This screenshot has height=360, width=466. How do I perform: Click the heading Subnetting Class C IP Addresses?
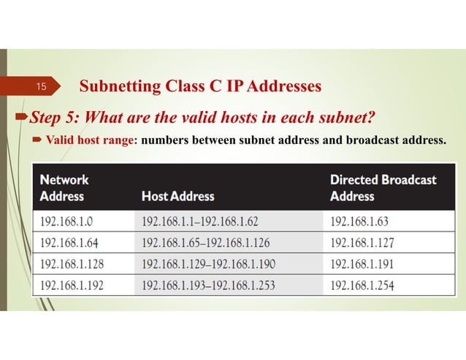click(x=200, y=87)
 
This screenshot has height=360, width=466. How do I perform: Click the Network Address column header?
click(x=64, y=187)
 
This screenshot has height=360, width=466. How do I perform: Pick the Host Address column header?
click(x=177, y=196)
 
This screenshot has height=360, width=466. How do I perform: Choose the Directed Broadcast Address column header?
click(x=383, y=187)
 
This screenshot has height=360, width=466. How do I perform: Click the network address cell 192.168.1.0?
click(x=70, y=221)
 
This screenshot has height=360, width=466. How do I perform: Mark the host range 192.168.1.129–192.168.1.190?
click(x=208, y=263)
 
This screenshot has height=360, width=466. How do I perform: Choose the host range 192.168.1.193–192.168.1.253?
click(x=208, y=284)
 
